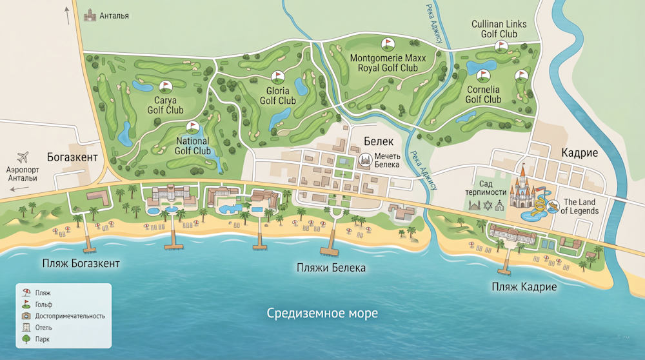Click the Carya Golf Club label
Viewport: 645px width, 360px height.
(x=165, y=105)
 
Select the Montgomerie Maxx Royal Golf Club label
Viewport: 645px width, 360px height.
(x=384, y=63)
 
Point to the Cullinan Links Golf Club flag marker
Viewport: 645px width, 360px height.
(x=501, y=46)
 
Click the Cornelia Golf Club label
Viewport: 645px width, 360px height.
(x=483, y=95)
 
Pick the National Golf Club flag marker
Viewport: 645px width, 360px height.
(x=192, y=127)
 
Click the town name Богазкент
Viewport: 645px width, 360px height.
(x=72, y=157)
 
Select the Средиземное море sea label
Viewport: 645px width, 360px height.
(x=322, y=314)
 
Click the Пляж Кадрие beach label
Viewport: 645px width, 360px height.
(x=524, y=286)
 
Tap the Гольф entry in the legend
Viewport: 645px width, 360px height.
(x=44, y=304)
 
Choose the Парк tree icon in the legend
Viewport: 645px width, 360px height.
(x=26, y=339)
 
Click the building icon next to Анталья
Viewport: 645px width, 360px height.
(x=89, y=15)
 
